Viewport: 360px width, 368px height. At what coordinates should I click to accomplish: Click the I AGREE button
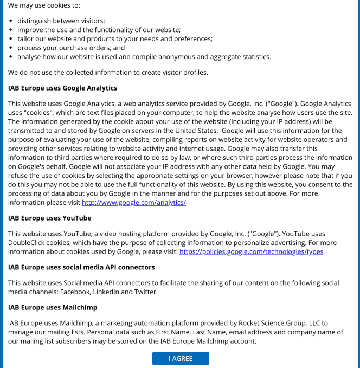pos(180,359)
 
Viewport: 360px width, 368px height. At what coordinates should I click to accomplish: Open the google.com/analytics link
pos(133,203)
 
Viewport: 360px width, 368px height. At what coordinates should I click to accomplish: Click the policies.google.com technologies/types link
pos(251,252)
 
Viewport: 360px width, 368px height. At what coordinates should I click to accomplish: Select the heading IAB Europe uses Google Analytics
pos(62,88)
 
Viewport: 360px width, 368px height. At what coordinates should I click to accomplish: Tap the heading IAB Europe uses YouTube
pos(49,218)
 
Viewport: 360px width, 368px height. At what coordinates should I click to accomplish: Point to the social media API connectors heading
pos(81,267)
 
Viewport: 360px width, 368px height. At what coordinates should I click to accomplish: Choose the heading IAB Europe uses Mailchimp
pos(53,307)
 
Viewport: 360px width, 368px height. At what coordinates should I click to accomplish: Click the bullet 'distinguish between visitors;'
pos(61,20)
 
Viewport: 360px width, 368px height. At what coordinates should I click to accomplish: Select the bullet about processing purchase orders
pos(71,48)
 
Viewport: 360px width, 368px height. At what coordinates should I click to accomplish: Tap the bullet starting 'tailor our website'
pos(114,38)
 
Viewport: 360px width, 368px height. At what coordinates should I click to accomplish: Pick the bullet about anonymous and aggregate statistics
pos(144,57)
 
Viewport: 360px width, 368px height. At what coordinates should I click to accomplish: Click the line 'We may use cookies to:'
pos(44,5)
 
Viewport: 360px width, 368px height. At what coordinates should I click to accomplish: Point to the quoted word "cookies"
pos(41,112)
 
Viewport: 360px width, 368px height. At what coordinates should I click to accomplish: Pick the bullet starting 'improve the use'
pos(99,29)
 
